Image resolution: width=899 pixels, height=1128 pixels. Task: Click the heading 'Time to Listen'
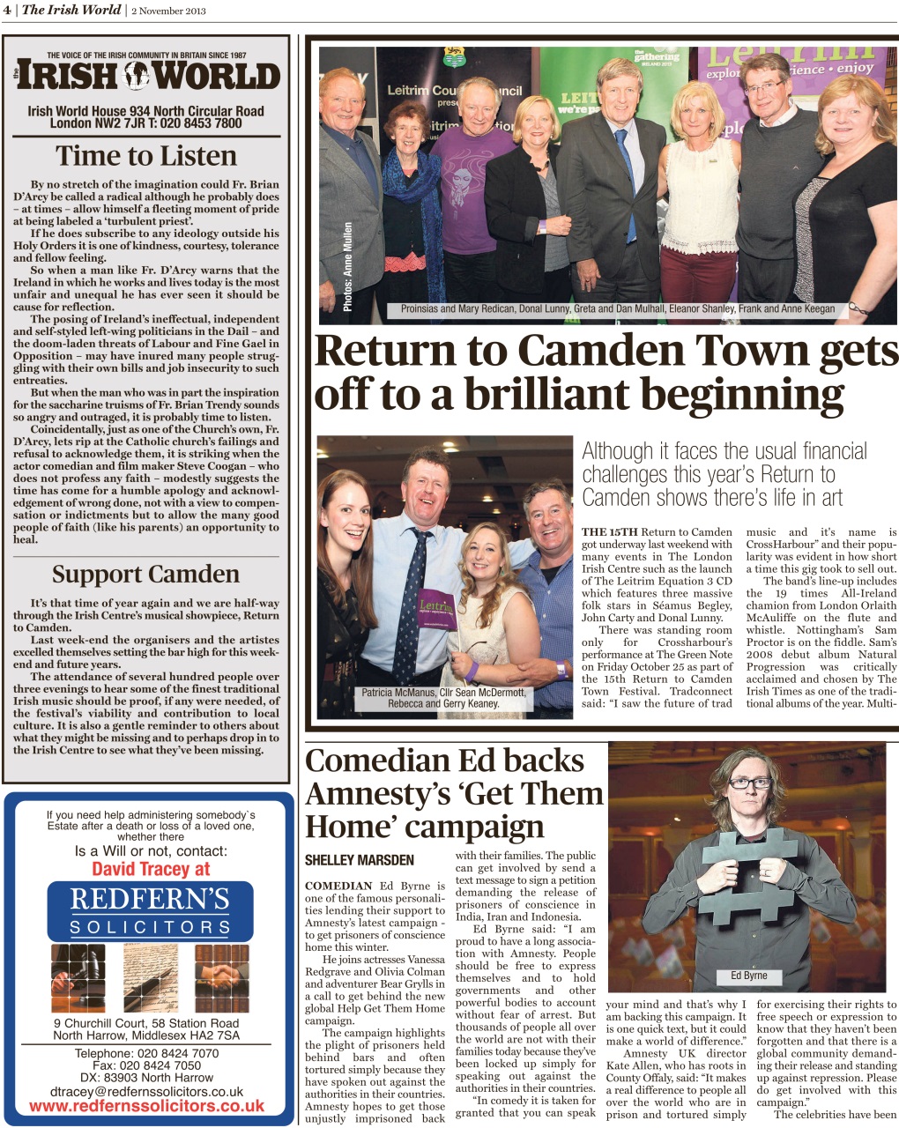click(146, 156)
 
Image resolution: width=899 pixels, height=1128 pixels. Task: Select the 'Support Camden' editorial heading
click(145, 575)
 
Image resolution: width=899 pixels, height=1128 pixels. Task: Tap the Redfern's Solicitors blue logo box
click(150, 910)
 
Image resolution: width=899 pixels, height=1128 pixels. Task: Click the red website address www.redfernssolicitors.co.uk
click(147, 1106)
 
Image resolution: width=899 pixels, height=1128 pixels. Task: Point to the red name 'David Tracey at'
click(151, 869)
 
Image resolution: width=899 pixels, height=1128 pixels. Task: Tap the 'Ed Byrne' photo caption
click(748, 976)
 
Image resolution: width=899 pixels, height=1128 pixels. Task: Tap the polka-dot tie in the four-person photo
click(411, 599)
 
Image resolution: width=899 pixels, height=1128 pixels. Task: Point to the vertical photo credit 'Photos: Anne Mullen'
click(347, 265)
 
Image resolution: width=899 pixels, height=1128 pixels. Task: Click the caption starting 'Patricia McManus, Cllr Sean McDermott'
click(443, 698)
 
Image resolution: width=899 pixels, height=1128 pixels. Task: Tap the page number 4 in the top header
click(6, 10)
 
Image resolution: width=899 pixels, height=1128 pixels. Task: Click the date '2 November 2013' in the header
click(171, 10)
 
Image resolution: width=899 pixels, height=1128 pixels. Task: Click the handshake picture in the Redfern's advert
click(221, 977)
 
